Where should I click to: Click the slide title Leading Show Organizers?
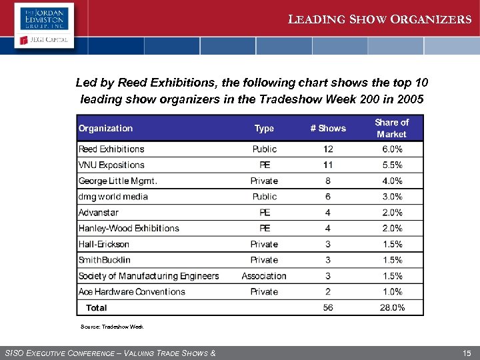pyautogui.click(x=379, y=19)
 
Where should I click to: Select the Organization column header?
pyautogui.click(x=105, y=129)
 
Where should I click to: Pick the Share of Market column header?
pyautogui.click(x=391, y=129)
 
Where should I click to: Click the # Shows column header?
pyautogui.click(x=328, y=129)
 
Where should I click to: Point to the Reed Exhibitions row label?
pyautogui.click(x=111, y=149)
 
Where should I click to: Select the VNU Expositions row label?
pyautogui.click(x=111, y=165)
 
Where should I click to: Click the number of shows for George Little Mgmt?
pyautogui.click(x=328, y=181)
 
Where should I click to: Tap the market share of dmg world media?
pyautogui.click(x=392, y=197)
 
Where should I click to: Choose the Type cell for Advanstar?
pyautogui.click(x=265, y=213)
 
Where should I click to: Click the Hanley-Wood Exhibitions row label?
pyautogui.click(x=129, y=229)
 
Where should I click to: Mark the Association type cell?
pyautogui.click(x=264, y=276)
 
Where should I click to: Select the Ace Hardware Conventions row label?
pyautogui.click(x=131, y=292)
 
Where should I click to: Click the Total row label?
pyautogui.click(x=96, y=308)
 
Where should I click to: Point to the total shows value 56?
pyautogui.click(x=328, y=308)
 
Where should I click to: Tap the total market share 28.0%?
pyautogui.click(x=392, y=308)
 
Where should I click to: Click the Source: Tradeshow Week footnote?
pyautogui.click(x=111, y=327)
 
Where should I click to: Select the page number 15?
pyautogui.click(x=465, y=353)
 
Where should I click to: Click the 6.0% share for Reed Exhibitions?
pyautogui.click(x=392, y=149)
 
